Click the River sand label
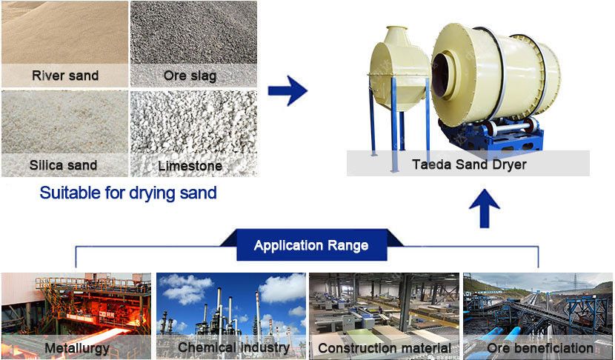click(x=64, y=76)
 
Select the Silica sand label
click(x=64, y=164)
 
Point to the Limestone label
click(x=191, y=165)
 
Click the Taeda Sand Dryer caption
click(x=469, y=164)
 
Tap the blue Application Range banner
click(x=310, y=245)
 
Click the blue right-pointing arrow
click(x=287, y=92)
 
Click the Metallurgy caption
click(x=77, y=347)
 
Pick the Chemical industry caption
click(x=233, y=347)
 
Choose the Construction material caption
click(x=384, y=347)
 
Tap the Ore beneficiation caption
click(x=540, y=347)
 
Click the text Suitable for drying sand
click(x=128, y=193)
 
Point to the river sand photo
click(x=64, y=33)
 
